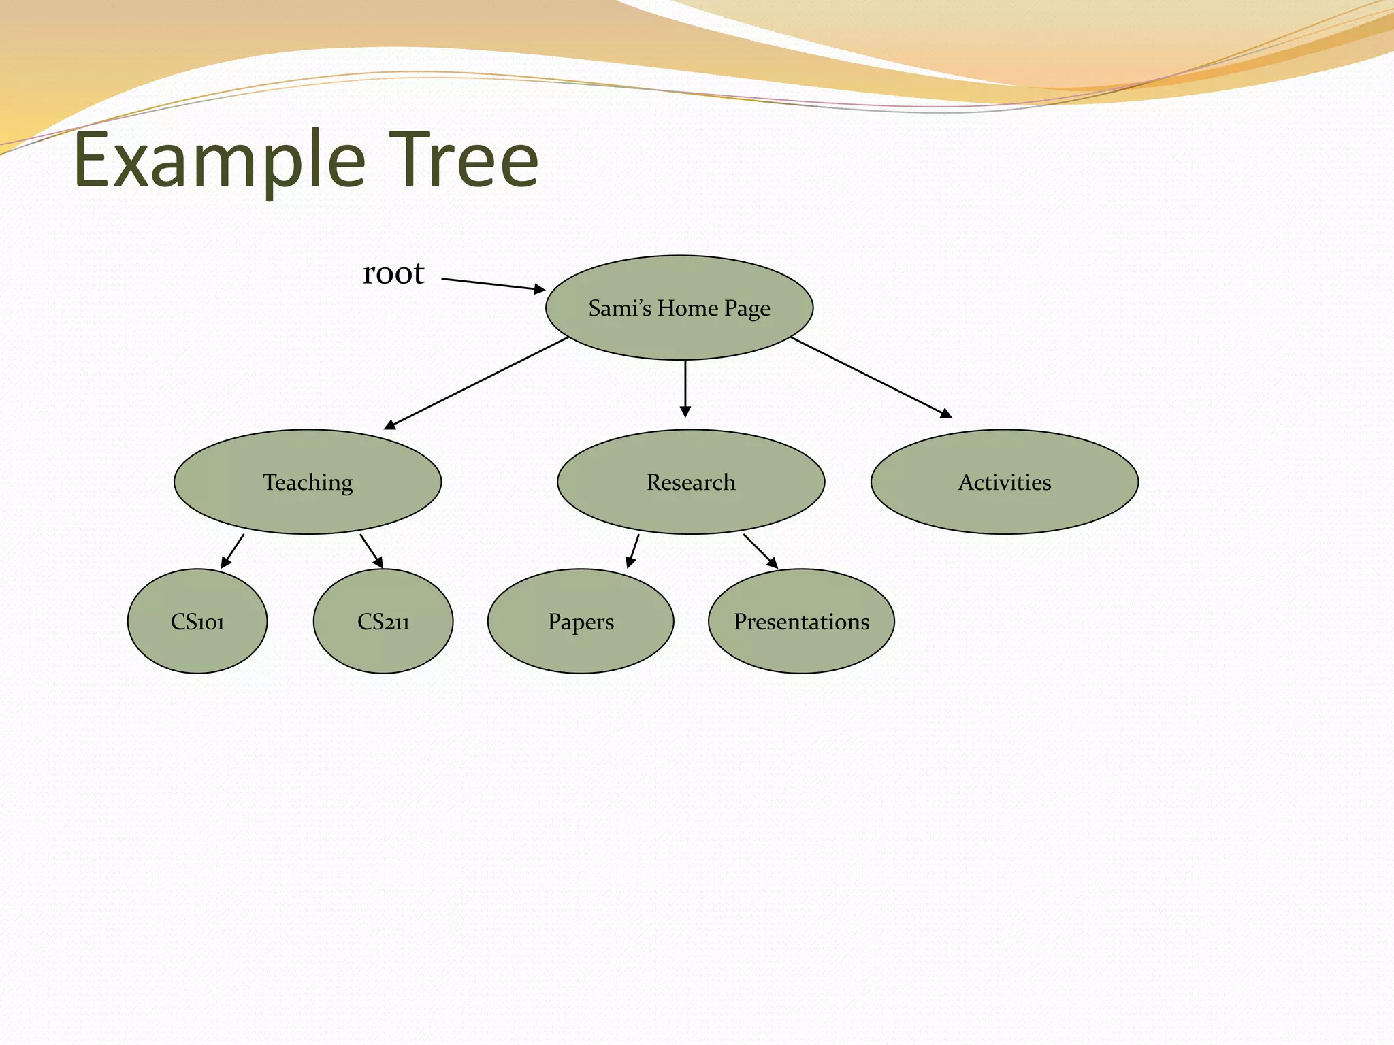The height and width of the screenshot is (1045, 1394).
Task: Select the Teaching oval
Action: [x=308, y=482]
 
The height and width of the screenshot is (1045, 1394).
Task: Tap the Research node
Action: [x=691, y=482]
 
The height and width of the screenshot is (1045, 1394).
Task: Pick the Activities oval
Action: [x=1005, y=482]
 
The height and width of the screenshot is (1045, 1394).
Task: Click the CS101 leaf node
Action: [x=197, y=622]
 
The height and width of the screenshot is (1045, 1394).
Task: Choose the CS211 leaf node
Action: [x=383, y=622]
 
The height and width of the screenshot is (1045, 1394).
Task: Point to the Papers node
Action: [x=581, y=622]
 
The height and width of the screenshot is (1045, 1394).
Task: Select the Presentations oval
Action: [x=801, y=622]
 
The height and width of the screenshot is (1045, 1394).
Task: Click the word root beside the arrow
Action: [x=393, y=273]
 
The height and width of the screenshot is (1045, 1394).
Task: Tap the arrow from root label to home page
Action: [x=493, y=284]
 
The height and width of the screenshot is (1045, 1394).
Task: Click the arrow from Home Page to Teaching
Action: [x=476, y=383]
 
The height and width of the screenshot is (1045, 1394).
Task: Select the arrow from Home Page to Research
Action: [x=685, y=388]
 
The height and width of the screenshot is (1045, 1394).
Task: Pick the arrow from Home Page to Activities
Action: [x=871, y=377]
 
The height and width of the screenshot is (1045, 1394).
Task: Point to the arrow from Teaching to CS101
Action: [x=232, y=551]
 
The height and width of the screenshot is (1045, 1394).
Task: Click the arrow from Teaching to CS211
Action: [x=372, y=551]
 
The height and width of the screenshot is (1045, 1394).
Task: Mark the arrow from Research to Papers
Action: [x=632, y=551]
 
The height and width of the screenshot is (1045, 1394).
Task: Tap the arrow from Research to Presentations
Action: [x=760, y=551]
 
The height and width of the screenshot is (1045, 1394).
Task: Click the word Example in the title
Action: [x=220, y=161]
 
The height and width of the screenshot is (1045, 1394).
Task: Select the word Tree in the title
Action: [x=464, y=161]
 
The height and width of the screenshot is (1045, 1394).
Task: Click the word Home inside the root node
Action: [x=687, y=308]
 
